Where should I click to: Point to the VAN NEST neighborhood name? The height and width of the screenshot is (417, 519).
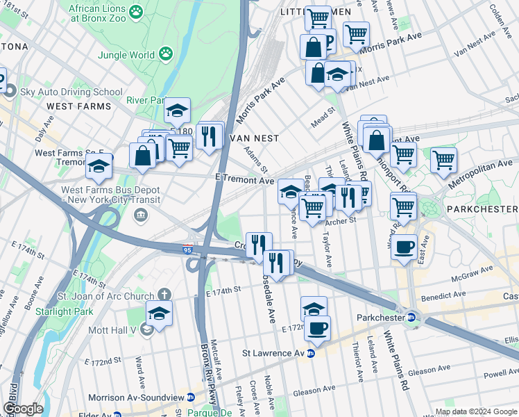[255, 138]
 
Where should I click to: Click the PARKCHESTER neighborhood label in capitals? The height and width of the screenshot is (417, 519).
[482, 208]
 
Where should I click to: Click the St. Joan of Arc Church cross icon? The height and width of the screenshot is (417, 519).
[164, 295]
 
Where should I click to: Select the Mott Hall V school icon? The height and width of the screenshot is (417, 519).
[146, 328]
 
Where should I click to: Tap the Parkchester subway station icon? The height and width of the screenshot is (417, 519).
[411, 318]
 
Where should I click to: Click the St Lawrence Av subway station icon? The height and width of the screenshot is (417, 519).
[312, 353]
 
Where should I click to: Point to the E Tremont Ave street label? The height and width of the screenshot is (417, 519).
[244, 179]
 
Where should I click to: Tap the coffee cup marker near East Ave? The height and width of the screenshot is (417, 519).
[404, 245]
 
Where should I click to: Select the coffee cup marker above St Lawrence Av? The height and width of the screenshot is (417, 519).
[317, 328]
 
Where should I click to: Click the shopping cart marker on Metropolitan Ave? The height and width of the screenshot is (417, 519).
[443, 159]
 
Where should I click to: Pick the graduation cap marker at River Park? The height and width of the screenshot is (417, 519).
[177, 110]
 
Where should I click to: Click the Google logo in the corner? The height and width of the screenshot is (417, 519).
[22, 408]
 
